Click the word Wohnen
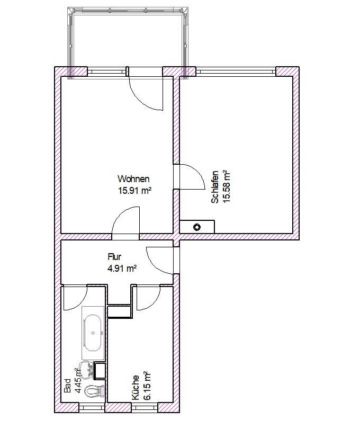coord(133,179)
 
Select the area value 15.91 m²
coord(135,190)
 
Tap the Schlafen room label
coord(215,187)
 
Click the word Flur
coord(114,257)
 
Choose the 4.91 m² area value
coord(122,269)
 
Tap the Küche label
coord(136,388)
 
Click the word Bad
coord(68,385)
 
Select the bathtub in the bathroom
coord(93,333)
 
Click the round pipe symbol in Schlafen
coord(197,227)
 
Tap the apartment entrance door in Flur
coord(161,260)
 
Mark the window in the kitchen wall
coord(144,407)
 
